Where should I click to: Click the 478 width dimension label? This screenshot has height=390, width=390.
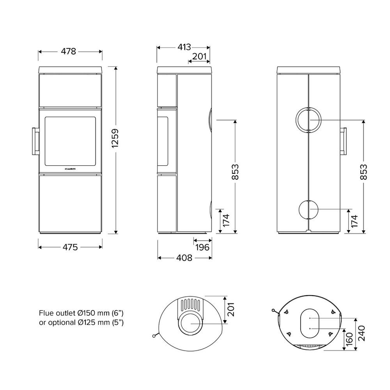pos(68,51)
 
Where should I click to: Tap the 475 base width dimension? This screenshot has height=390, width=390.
pos(70,247)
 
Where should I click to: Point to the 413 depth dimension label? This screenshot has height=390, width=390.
pos(184,47)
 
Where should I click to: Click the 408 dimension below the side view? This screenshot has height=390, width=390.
pos(184,258)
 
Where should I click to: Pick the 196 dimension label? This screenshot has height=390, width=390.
pos(202,247)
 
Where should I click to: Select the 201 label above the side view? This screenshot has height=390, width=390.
pos(199,57)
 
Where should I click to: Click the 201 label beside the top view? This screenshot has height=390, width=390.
pos(231,309)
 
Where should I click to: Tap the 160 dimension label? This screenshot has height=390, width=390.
pos(349,339)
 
